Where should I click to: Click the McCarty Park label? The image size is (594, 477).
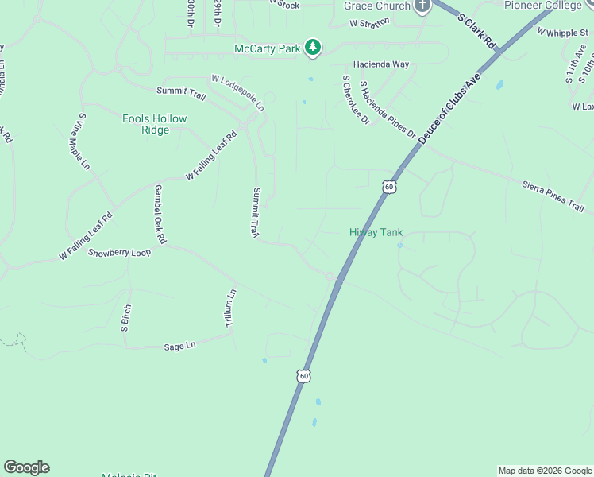268,48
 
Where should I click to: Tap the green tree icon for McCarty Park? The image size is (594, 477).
314,48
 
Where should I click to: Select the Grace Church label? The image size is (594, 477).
377,6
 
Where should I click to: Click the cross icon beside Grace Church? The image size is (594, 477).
422,5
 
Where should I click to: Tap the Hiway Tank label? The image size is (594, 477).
376,232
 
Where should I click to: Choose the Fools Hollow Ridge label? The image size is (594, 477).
154,124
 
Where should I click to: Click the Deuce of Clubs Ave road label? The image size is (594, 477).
445,111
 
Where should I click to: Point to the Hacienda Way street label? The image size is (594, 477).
382,64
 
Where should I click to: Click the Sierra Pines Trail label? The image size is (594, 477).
553,196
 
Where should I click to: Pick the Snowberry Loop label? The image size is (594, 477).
119,253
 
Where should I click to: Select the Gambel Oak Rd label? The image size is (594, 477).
160,214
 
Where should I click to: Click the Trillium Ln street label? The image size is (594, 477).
230,309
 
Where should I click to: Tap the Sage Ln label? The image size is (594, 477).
179,347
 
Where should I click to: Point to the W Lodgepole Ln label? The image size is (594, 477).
237,92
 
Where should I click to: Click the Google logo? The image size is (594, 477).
26,467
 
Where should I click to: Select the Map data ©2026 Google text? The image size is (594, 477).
545,471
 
